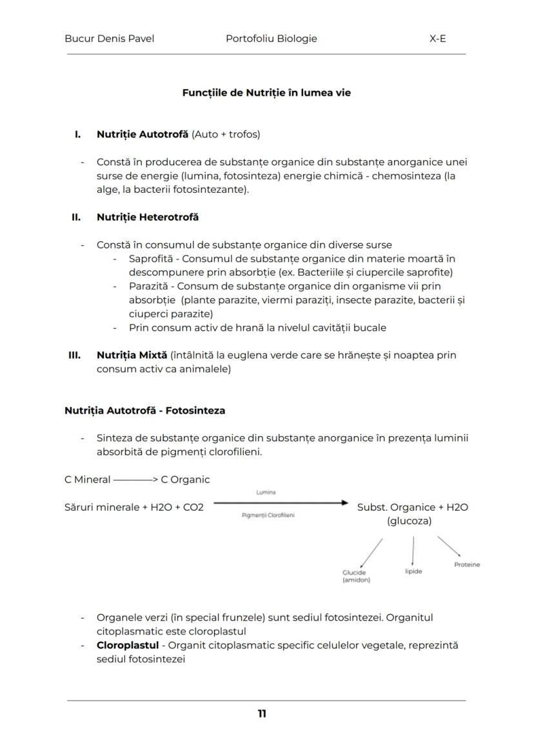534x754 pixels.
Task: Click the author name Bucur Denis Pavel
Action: point(109,39)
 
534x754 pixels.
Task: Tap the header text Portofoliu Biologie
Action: point(271,39)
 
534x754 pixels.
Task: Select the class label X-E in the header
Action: point(437,39)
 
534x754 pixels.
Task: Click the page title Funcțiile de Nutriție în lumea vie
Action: point(266,93)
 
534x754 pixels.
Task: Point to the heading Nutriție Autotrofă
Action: point(143,134)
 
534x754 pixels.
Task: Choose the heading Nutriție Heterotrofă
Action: point(148,217)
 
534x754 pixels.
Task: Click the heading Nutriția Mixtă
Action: point(132,355)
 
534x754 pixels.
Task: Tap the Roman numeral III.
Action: point(74,355)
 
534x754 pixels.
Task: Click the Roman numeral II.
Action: point(75,217)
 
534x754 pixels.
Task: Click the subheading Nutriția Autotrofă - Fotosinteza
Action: point(144,410)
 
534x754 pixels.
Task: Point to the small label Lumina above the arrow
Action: point(266,492)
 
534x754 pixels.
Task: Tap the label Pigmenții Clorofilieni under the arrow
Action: point(268,515)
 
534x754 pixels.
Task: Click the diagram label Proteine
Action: point(466,564)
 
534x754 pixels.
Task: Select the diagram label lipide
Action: point(413,571)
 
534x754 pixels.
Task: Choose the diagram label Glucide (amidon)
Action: point(356,576)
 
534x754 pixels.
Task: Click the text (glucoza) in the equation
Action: point(409,521)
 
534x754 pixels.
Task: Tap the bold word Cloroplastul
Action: point(127,645)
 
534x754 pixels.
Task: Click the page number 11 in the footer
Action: point(262,713)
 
